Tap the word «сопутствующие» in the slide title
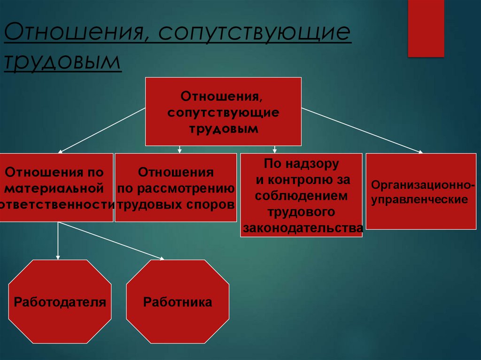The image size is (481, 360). [255, 34]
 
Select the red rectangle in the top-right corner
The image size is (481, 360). [426, 28]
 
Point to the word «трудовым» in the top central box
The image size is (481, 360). [224, 129]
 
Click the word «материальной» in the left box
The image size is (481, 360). [56, 189]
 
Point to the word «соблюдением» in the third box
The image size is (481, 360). [302, 196]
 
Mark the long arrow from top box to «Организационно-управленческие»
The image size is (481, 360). [362, 130]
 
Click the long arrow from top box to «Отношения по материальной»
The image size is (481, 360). [101, 130]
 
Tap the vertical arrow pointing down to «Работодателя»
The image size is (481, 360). [58, 241]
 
